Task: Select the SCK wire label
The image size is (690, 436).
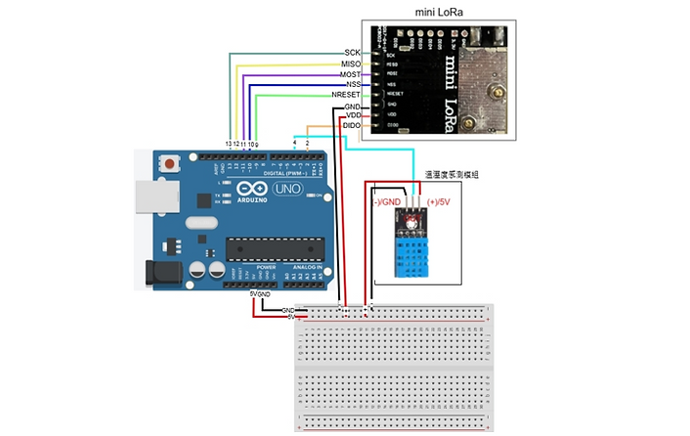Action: [x=353, y=52]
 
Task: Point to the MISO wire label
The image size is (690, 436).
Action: [x=350, y=64]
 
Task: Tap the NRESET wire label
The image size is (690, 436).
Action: [x=346, y=94]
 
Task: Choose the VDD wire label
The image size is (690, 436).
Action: [x=353, y=115]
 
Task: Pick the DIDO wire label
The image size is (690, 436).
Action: [x=352, y=126]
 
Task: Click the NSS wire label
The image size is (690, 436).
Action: [x=353, y=84]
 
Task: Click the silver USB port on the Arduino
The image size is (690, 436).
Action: [x=147, y=196]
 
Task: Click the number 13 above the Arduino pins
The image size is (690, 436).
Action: [x=229, y=144]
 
